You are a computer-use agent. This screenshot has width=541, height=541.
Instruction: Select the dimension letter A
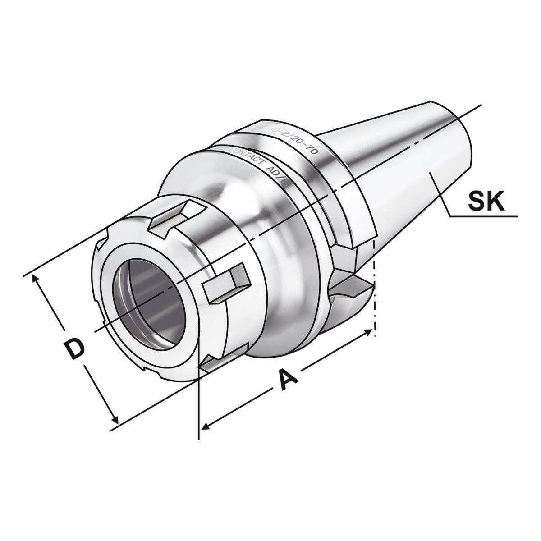287,380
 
